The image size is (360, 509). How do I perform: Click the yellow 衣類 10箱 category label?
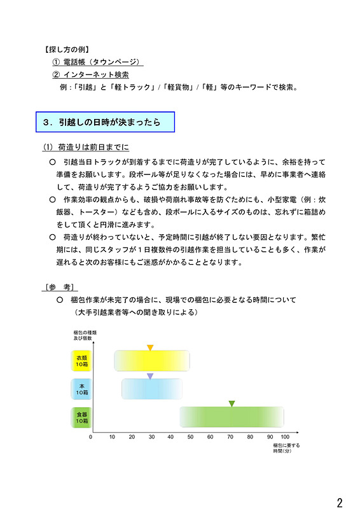point(82,361)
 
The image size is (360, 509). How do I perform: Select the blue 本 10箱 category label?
point(82,389)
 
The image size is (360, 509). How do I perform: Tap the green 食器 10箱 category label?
point(82,417)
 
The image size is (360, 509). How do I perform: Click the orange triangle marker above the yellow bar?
point(150,347)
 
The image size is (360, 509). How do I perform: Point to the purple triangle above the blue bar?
point(150,377)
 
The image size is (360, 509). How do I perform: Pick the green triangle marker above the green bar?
point(232,403)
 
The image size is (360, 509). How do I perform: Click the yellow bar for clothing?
point(151,361)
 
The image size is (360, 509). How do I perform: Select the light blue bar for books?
point(151,389)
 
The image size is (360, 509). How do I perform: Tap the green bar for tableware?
point(232,417)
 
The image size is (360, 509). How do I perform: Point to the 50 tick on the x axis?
point(190,437)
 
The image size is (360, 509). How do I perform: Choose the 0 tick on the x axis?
point(91,437)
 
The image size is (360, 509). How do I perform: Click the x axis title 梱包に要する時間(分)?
point(285,448)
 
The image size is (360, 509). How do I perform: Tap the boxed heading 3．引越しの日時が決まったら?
point(105,122)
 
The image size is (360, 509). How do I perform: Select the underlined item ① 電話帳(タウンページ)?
point(97,62)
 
